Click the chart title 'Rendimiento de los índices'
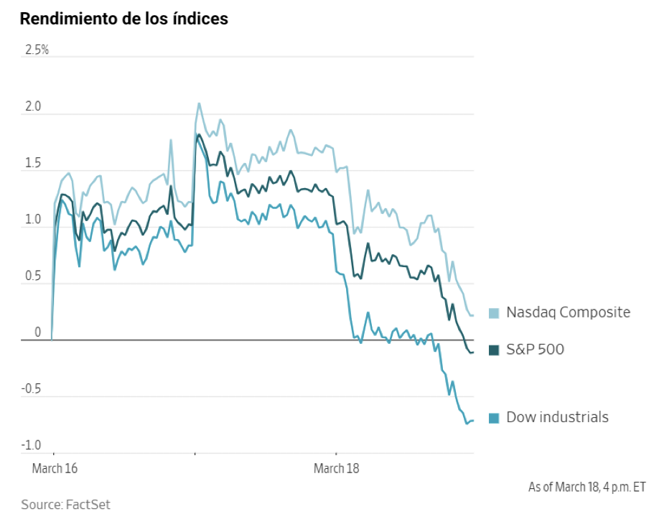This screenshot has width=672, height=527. coord(124,19)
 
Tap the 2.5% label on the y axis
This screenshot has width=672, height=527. coord(37,50)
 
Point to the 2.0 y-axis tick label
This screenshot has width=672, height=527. coord(33,107)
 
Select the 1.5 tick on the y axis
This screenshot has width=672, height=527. coord(33,164)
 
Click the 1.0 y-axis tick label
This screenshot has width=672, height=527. coord(33,220)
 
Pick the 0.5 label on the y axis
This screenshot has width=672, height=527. coord(33,276)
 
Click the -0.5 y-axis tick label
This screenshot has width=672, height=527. coord(32,389)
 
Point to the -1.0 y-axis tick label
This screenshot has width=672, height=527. coord(32,446)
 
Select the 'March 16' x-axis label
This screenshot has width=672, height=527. coord(55,469)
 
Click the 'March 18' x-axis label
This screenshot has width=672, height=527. coord(337,469)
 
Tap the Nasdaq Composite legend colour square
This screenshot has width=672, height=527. coord(494,313)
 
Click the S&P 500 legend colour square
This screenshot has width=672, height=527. coord(494,350)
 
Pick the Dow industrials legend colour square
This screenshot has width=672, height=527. coord(494,418)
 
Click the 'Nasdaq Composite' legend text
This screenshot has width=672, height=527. coord(568,312)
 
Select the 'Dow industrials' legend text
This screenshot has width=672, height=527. coord(557,417)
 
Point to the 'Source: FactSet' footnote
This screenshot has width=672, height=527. coord(65,505)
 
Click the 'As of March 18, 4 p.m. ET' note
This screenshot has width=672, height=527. coord(587,487)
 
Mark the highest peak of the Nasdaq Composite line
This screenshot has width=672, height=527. coord(199,103)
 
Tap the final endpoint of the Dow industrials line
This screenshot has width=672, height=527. coord(472,421)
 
